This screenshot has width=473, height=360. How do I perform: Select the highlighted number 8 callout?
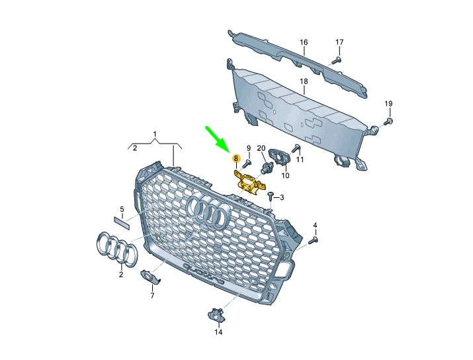click(x=236, y=158)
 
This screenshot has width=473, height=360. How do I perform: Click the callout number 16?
click(x=304, y=42)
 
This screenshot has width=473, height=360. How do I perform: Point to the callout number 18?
click(x=304, y=81)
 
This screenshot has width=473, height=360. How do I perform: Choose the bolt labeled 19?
click(x=388, y=121)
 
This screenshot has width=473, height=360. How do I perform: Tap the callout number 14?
click(x=218, y=332)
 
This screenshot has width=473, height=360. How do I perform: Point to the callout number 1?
click(x=155, y=134)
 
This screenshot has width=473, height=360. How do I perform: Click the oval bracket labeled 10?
click(x=282, y=157)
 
